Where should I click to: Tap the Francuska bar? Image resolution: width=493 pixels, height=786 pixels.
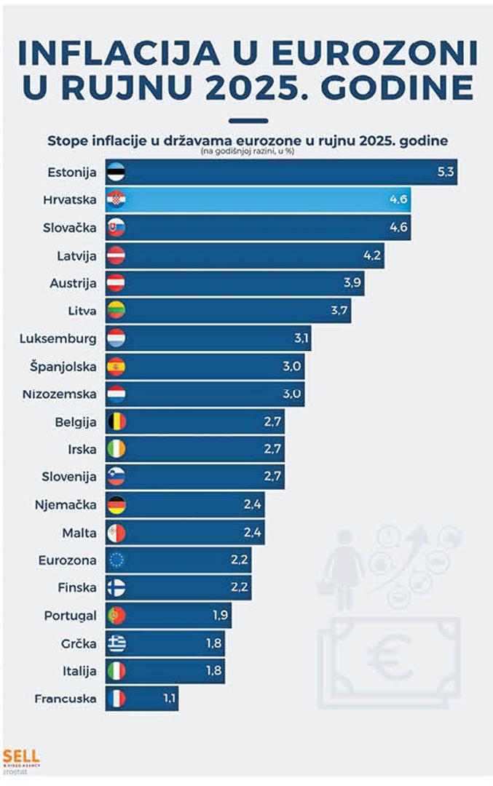point(141,699)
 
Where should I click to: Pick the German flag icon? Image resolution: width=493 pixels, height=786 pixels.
point(116,504)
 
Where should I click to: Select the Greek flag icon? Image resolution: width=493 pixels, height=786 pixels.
point(116,643)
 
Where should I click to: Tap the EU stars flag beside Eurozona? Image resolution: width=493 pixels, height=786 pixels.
point(116,560)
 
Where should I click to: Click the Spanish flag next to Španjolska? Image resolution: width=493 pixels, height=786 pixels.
point(116,366)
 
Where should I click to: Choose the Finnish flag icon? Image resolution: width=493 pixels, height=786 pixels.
point(116,587)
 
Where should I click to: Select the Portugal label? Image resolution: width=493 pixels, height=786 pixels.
point(70,615)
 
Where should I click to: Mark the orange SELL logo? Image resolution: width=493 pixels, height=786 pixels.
point(21,756)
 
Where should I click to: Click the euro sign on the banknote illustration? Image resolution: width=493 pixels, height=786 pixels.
point(384,657)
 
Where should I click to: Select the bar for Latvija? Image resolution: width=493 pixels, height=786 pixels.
point(244,255)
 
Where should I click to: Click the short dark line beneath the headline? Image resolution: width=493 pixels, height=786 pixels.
point(247,121)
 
